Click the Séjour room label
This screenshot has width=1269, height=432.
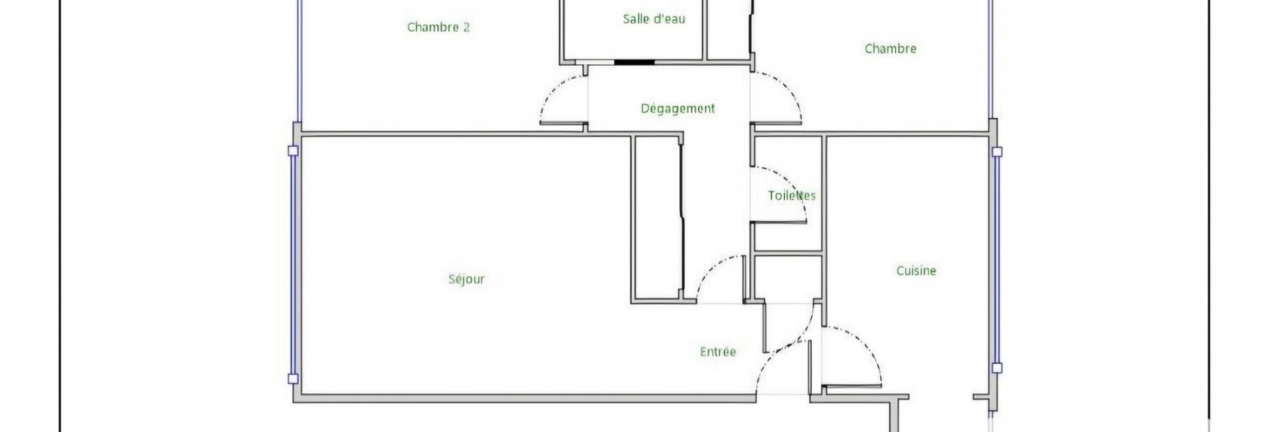pyautogui.click(x=467, y=279)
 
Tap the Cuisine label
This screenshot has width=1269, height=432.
pyautogui.click(x=916, y=271)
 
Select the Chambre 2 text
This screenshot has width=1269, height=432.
pyautogui.click(x=439, y=27)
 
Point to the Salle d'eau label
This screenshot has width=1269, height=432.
pyautogui.click(x=654, y=19)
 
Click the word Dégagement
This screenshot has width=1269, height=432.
pyautogui.click(x=678, y=108)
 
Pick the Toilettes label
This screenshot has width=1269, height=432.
pyautogui.click(x=791, y=196)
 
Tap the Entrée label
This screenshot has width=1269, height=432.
pyautogui.click(x=718, y=352)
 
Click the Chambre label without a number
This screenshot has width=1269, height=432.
pyautogui.click(x=890, y=49)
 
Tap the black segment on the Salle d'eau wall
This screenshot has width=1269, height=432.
pyautogui.click(x=634, y=62)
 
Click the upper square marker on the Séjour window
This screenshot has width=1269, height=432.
pyautogui.click(x=293, y=150)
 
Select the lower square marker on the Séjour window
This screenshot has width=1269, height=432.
pyautogui.click(x=293, y=379)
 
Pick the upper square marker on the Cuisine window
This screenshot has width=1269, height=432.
pyautogui.click(x=997, y=152)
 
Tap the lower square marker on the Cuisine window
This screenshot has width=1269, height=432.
pyautogui.click(x=997, y=368)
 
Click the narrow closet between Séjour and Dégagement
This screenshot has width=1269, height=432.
pyautogui.click(x=657, y=218)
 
